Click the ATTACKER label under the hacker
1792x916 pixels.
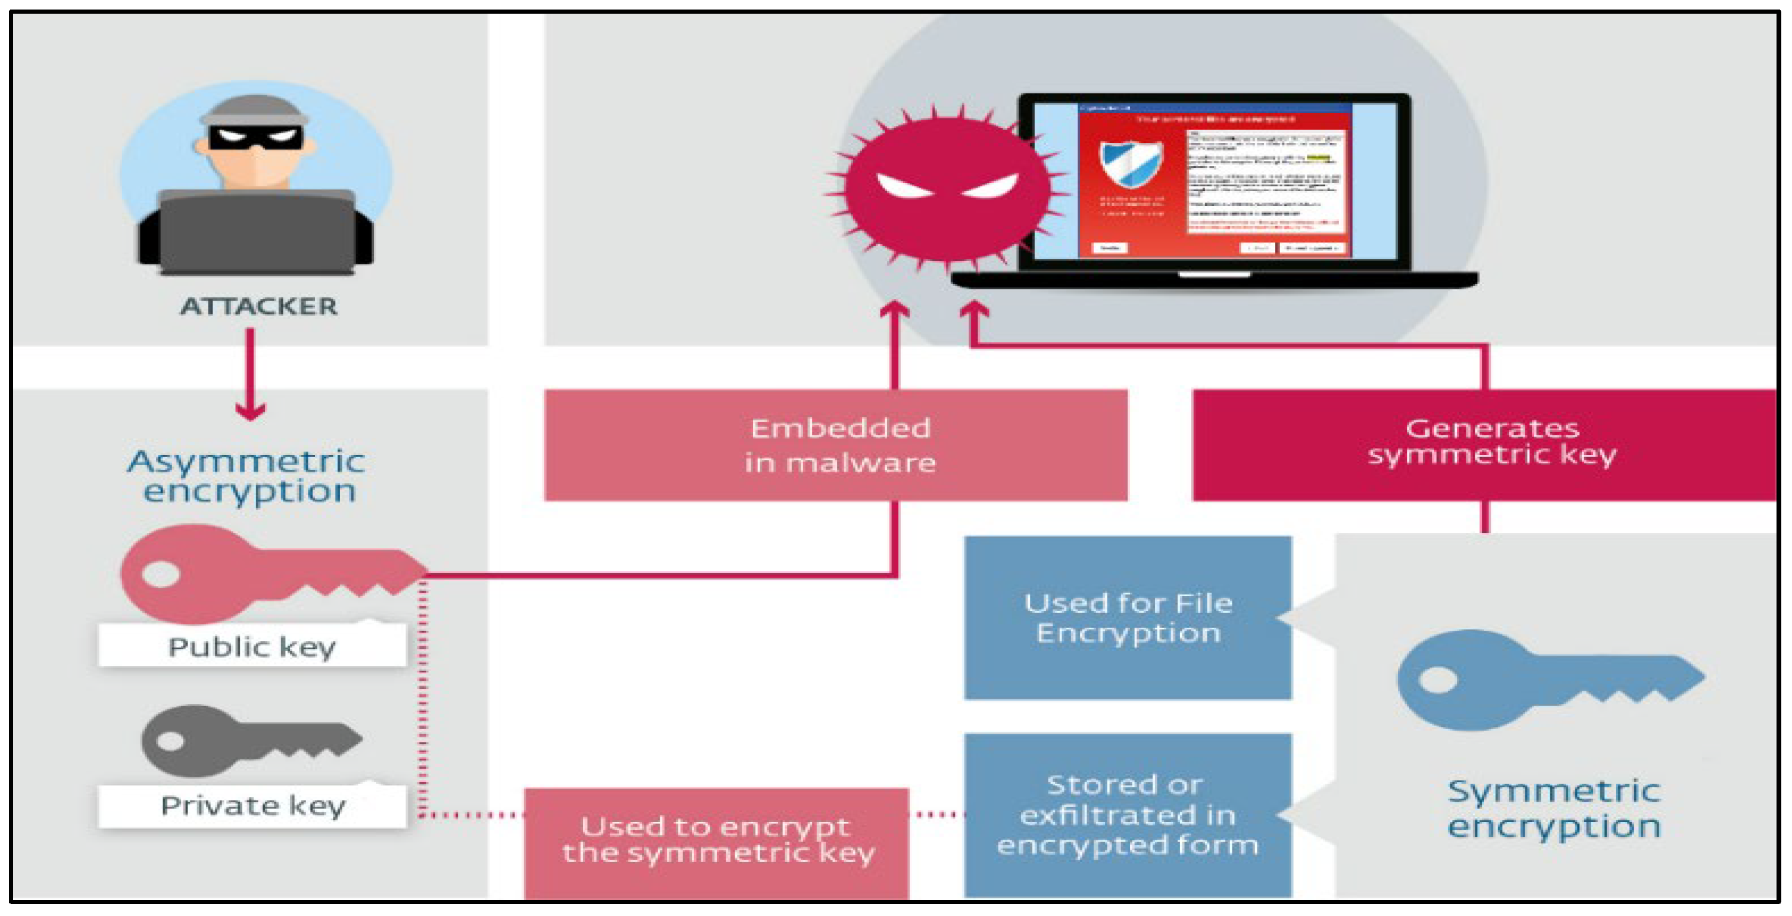[x=259, y=306]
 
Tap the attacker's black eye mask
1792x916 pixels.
[x=255, y=137]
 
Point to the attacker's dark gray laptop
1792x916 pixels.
[x=257, y=232]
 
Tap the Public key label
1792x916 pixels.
[x=252, y=647]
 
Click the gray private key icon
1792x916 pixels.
[x=251, y=740]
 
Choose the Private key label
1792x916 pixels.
[x=252, y=806]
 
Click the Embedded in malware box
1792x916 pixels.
[x=836, y=445]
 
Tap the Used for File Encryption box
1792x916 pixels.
[x=1128, y=618]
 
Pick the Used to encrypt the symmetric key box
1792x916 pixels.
[x=717, y=841]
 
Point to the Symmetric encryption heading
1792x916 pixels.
[x=1553, y=809]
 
